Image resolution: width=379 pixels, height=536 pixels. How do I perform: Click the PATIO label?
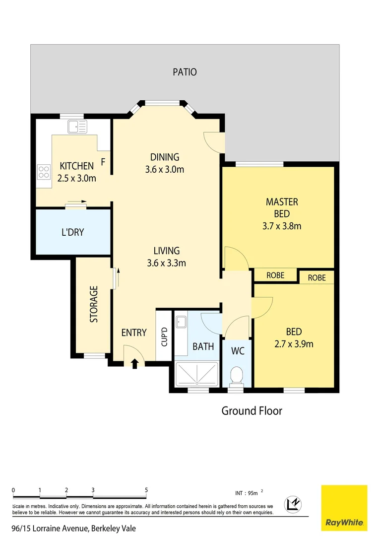tap(185, 72)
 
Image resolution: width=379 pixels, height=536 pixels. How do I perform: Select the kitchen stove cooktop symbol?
tap(44, 171)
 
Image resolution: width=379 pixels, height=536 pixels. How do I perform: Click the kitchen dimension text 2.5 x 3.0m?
tap(77, 178)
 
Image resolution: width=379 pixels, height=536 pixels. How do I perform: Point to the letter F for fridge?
tap(103, 161)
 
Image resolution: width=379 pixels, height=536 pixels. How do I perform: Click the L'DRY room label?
tap(72, 232)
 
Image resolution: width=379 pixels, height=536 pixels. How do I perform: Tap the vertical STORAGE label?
tap(93, 304)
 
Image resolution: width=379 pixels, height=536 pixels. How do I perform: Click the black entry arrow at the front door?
tap(134, 364)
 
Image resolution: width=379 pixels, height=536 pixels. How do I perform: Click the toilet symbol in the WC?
tap(237, 375)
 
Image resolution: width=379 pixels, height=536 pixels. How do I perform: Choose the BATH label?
tap(203, 346)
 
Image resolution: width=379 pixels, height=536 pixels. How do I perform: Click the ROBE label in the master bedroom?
tap(275, 275)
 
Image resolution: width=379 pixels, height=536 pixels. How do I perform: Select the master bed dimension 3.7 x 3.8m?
tap(282, 226)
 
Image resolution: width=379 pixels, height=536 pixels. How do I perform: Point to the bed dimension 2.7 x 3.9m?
tap(294, 343)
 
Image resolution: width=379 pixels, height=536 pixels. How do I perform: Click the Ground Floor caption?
tap(252, 411)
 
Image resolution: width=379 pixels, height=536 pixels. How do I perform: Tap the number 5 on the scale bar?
tap(146, 490)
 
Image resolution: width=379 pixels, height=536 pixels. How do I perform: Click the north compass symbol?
tap(293, 504)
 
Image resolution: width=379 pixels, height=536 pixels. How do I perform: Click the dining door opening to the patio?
tap(214, 141)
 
